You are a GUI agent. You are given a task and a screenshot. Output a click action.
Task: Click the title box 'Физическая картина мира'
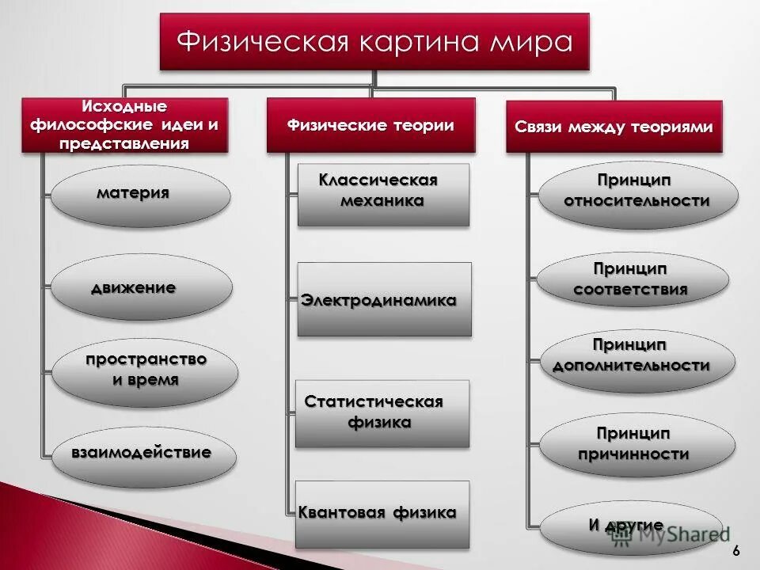coord(374,41)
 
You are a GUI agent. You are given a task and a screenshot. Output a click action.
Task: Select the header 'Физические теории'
coord(370,125)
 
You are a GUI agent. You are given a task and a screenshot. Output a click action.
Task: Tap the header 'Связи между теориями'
coord(614,127)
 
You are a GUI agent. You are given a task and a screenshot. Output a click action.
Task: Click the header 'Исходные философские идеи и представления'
coord(124,125)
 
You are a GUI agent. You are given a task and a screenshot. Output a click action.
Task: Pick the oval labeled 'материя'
coord(140,196)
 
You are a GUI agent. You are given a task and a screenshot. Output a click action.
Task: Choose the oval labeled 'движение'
coord(141,287)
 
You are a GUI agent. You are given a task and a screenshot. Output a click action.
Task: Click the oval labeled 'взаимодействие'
coord(142,454)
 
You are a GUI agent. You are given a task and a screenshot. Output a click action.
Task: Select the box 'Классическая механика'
coord(383,195)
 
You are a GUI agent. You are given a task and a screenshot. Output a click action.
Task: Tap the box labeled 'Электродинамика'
coord(385,300)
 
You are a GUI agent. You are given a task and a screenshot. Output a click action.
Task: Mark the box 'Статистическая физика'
coord(382,413)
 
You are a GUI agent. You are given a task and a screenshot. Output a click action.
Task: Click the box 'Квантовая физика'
coord(382,514)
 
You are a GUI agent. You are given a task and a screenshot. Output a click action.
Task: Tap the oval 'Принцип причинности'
coord(632,444)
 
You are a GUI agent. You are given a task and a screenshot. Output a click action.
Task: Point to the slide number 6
coord(737,551)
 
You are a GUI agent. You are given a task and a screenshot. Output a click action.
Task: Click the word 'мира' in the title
coord(532,41)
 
